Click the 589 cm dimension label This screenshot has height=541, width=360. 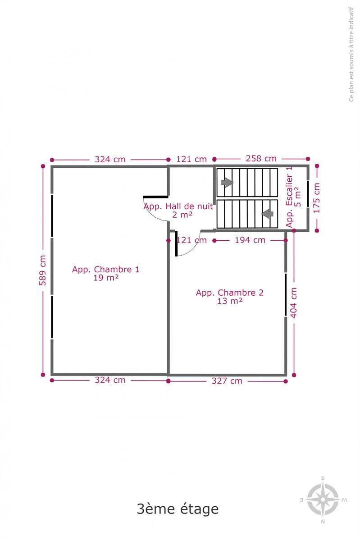(42, 270)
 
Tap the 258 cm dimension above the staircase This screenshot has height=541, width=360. (261, 158)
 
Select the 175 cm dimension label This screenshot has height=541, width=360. (317, 198)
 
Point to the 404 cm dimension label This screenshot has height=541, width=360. (293, 303)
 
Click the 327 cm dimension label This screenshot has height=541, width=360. (227, 381)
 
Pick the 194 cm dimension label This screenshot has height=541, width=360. (250, 240)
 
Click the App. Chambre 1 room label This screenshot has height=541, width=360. (106, 269)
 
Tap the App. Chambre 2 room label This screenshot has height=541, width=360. (230, 293)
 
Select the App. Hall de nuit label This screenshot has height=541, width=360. (178, 206)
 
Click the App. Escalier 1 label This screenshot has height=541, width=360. (289, 197)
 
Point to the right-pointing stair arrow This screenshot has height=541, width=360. (227, 183)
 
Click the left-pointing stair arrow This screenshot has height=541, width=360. (267, 214)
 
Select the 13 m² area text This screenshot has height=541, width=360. (230, 301)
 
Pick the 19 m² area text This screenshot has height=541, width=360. (106, 278)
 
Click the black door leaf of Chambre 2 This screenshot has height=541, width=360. (176, 243)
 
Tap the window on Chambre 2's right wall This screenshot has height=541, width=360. (286, 295)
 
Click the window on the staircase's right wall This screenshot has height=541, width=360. (308, 193)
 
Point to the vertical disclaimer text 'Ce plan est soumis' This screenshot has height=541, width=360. (351, 54)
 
